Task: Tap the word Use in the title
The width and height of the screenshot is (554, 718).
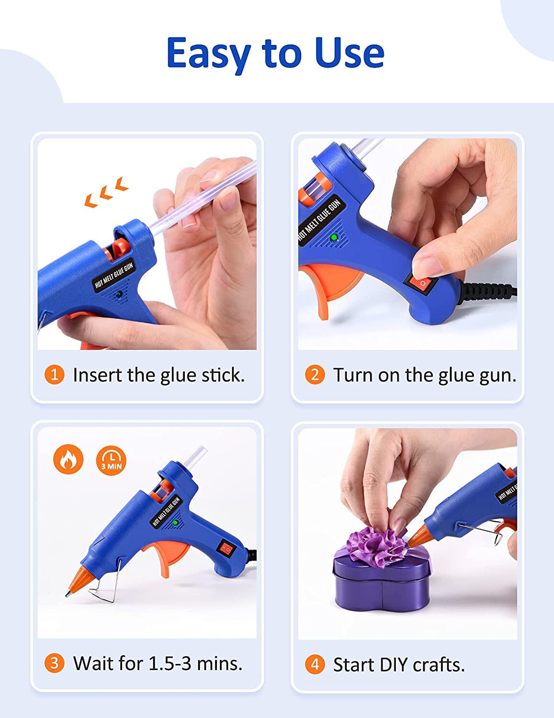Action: [x=350, y=53]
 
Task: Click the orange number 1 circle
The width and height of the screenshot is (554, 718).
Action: [x=54, y=374]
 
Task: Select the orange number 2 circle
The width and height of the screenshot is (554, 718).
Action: [x=315, y=374]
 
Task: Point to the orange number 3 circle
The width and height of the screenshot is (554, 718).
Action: [x=54, y=663]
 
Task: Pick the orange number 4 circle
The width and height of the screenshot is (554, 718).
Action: [x=315, y=664]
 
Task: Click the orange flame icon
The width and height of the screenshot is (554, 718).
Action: [x=68, y=460]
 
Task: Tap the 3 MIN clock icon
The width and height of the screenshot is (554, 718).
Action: [x=111, y=460]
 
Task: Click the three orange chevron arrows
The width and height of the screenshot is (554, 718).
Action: [x=106, y=192]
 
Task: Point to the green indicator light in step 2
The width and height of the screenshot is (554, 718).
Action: [x=334, y=237]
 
